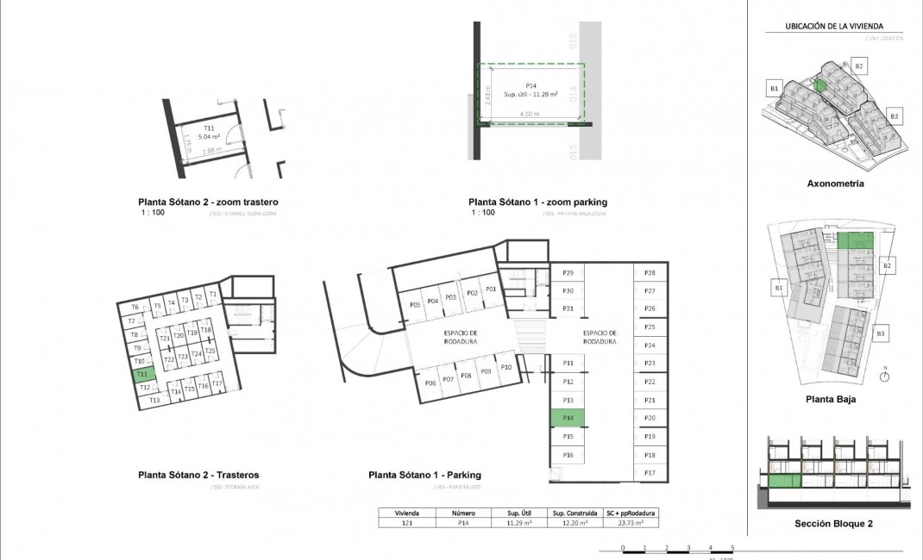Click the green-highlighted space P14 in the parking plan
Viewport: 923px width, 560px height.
pos(568,418)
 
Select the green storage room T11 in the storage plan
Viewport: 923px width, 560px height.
pos(143,375)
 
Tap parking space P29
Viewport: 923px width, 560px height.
pos(568,273)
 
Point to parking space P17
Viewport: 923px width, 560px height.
pos(650,473)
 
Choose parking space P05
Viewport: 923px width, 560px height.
pos(415,305)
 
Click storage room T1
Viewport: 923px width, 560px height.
pos(212,295)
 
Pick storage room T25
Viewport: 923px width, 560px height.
pos(210,351)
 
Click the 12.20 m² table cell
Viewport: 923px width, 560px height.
pos(570,522)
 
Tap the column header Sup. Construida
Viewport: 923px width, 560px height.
pos(570,512)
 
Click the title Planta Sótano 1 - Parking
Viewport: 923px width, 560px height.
pos(424,475)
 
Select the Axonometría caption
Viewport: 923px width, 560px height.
pos(835,184)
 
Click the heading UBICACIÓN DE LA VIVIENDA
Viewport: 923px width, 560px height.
pos(834,27)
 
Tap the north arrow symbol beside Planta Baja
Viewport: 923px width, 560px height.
pos(885,375)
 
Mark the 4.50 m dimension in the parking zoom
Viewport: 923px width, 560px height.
pos(529,114)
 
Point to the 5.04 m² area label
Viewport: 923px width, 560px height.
pos(210,136)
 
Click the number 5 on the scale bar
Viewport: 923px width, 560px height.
pos(732,547)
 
